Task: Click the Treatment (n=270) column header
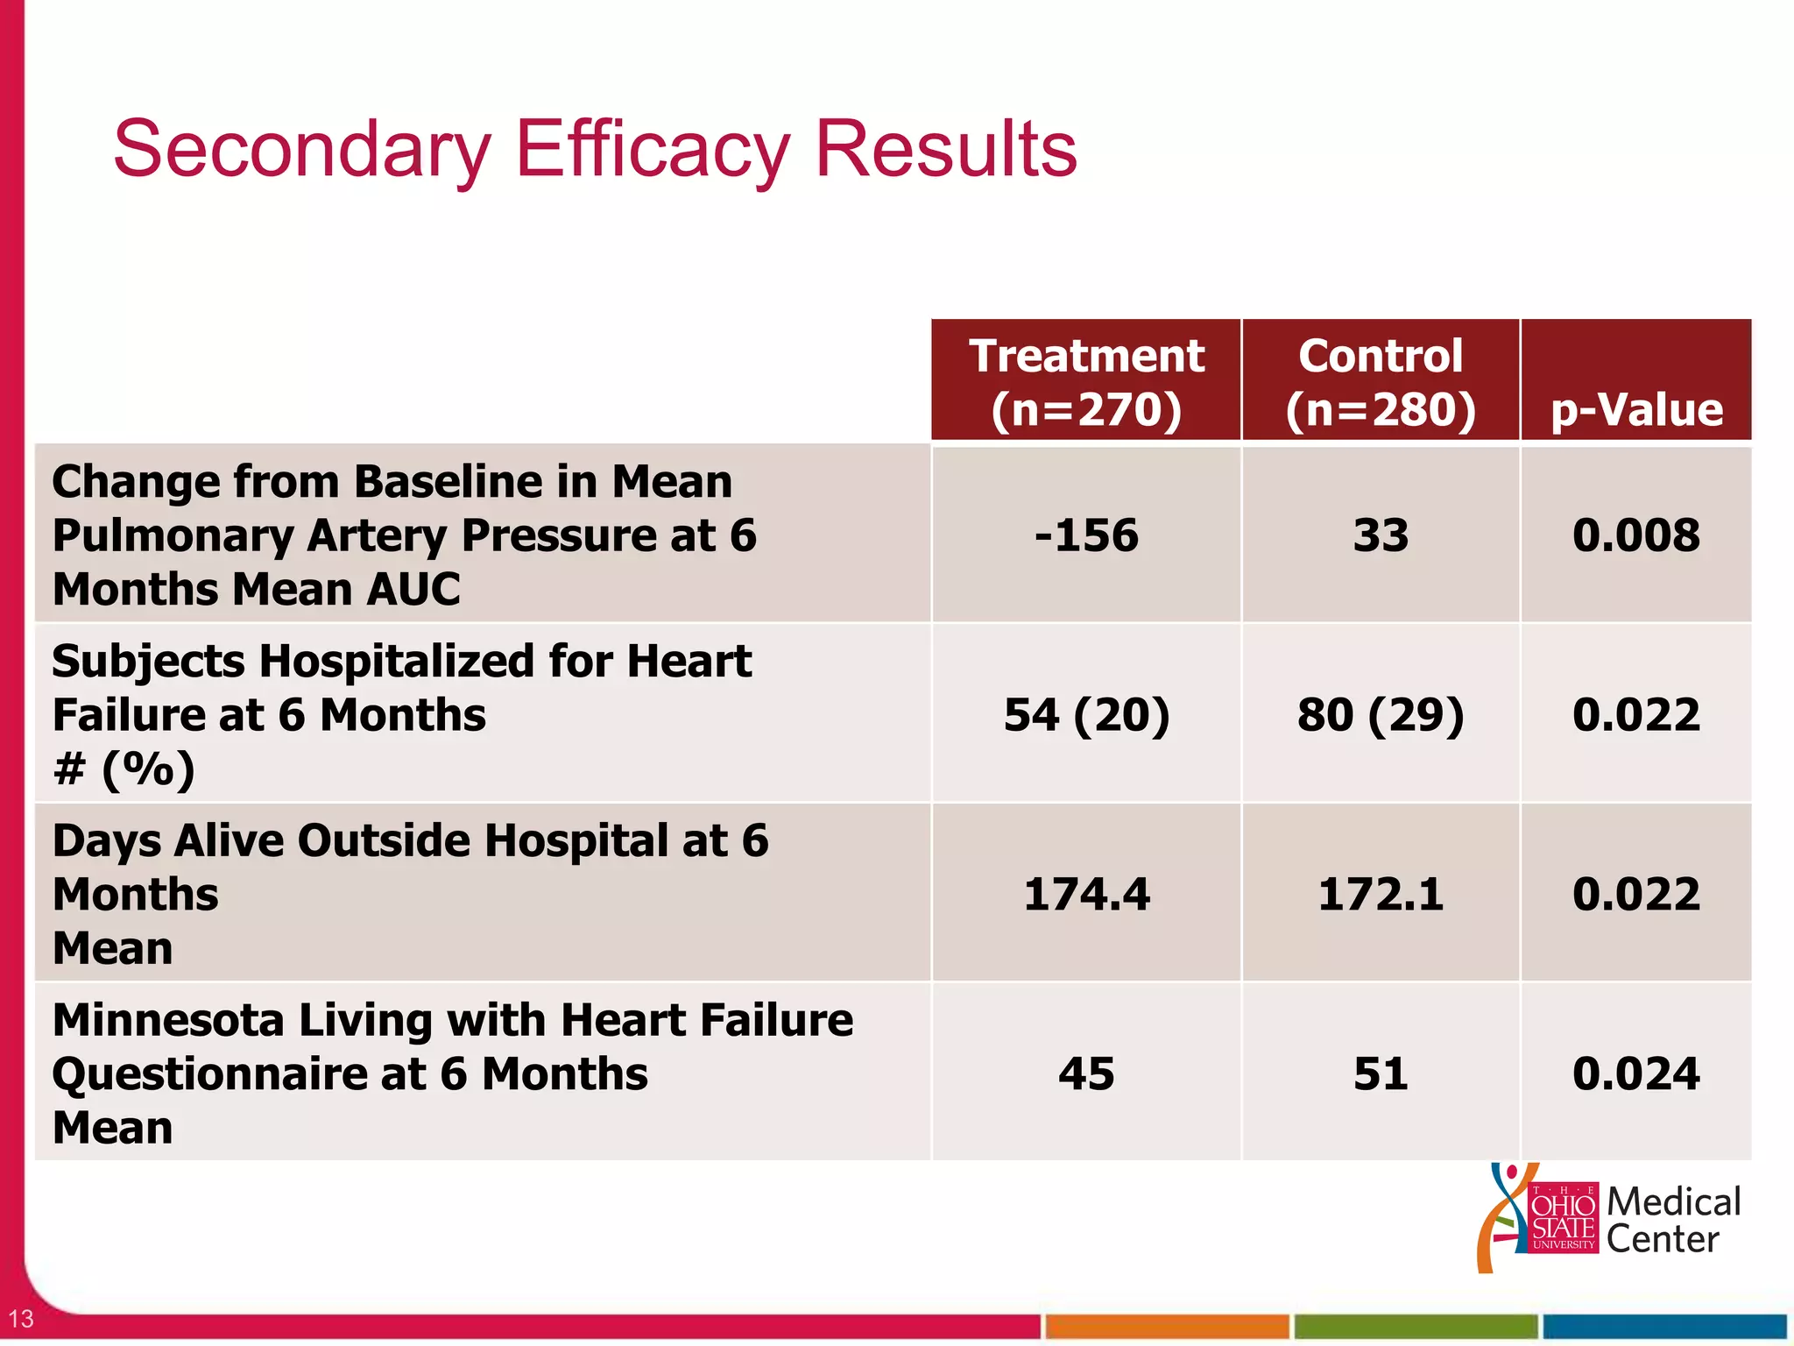pos(1086,381)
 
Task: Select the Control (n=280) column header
pos(1381,381)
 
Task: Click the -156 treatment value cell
pos(1086,535)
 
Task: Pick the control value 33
pos(1381,535)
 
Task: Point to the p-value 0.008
pos(1636,535)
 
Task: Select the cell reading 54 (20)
pos(1086,714)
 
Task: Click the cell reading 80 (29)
pos(1381,714)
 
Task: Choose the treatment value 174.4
pos(1086,894)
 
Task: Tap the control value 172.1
pos(1381,894)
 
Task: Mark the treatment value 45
pos(1086,1073)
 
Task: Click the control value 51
pos(1381,1073)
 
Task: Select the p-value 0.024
pos(1636,1073)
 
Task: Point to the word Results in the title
pos(946,149)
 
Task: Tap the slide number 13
pos(21,1318)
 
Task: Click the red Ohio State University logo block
pos(1563,1218)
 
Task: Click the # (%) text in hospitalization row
pos(124,769)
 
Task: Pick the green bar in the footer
pos(1416,1326)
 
